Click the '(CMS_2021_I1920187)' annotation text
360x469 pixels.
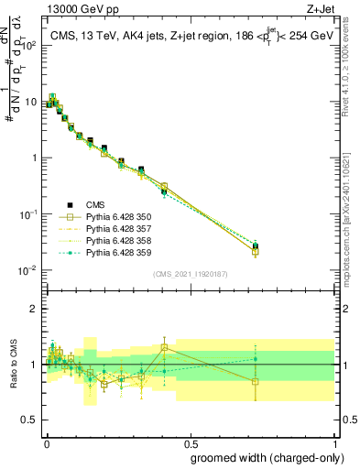(x=190, y=274)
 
